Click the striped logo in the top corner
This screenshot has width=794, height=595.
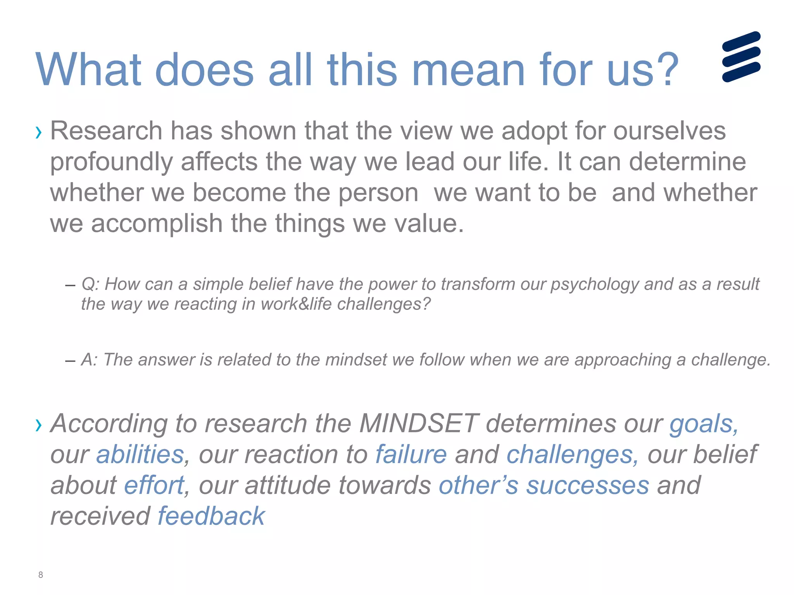741,57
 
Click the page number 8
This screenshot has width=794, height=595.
41,575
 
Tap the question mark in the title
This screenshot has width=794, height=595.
665,70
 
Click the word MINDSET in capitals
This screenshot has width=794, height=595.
419,423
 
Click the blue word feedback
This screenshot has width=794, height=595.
211,516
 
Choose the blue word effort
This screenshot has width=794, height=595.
154,485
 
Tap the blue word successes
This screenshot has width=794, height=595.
587,486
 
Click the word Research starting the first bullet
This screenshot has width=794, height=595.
106,131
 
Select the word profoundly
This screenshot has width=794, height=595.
111,162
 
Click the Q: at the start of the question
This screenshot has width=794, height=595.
91,284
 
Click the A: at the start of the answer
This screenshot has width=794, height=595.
90,359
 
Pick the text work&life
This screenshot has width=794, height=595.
296,304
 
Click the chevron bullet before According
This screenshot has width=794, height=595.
38,425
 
